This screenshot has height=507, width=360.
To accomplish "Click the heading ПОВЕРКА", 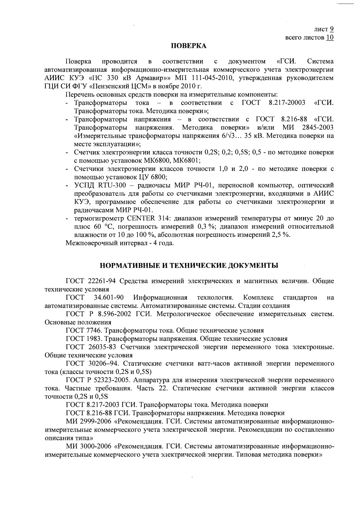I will pyautogui.click(x=189, y=46).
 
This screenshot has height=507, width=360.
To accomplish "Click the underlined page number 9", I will pyautogui.click(x=331, y=29).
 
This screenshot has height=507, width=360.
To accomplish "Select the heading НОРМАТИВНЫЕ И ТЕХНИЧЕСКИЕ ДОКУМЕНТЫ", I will pyautogui.click(x=189, y=266).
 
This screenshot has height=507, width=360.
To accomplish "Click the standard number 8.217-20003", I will pyautogui.click(x=287, y=103).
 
